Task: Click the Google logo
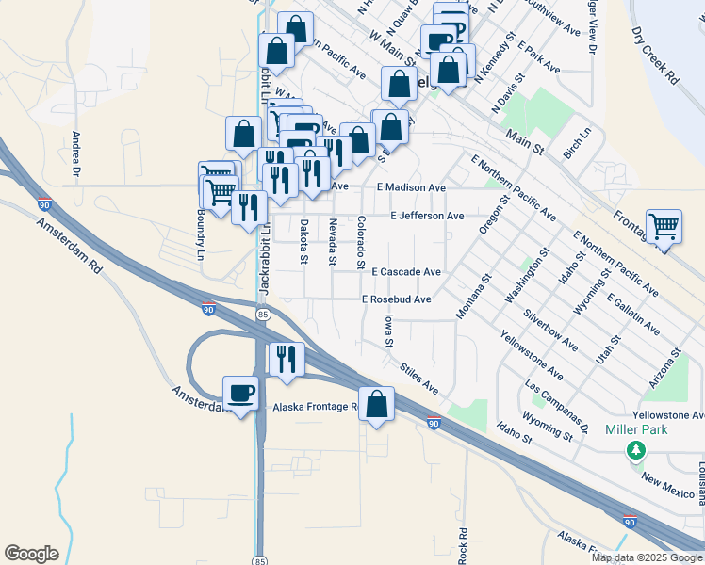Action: [31, 554]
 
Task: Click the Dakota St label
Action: [303, 235]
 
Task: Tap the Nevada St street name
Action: [333, 242]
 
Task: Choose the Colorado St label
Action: [361, 241]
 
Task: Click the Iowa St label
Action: [387, 331]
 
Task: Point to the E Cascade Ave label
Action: [405, 271]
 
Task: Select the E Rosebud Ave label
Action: [397, 299]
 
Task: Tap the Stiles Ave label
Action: [419, 379]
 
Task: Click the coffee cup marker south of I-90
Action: [239, 392]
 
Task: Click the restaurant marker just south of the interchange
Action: [285, 359]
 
